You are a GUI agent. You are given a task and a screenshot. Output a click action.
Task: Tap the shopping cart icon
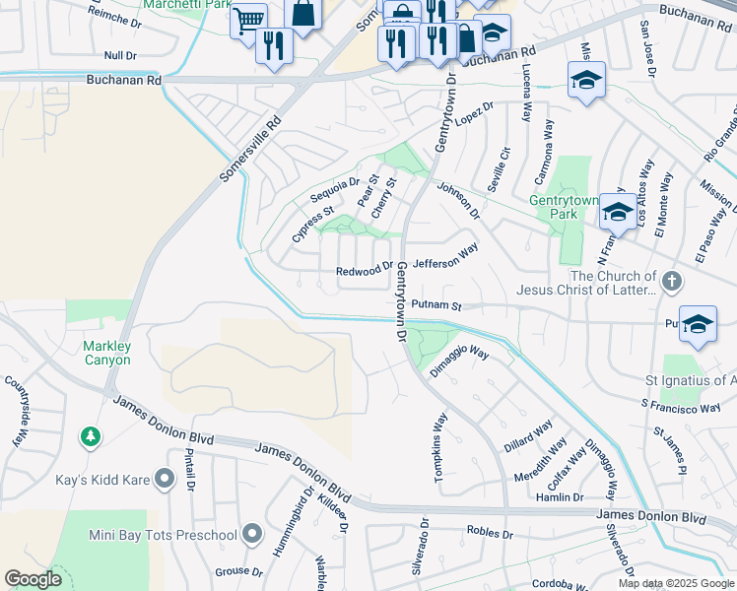(248, 19)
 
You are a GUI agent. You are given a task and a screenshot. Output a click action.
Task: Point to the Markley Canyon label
(106, 353)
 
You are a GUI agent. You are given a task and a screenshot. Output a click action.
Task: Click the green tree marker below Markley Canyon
(91, 434)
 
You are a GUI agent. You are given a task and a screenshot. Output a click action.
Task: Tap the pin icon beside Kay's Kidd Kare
(164, 479)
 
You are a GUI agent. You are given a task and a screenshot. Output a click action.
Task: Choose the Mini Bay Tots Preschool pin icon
(252, 535)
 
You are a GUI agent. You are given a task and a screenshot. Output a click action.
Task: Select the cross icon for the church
(672, 283)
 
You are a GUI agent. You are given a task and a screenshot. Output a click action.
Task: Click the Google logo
(33, 579)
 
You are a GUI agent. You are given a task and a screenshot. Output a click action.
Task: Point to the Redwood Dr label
(365, 270)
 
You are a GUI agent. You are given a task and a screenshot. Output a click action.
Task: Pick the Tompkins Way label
(440, 434)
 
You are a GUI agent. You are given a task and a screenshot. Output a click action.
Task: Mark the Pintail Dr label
(190, 472)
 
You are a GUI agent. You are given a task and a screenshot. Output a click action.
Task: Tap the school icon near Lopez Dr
(586, 81)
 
